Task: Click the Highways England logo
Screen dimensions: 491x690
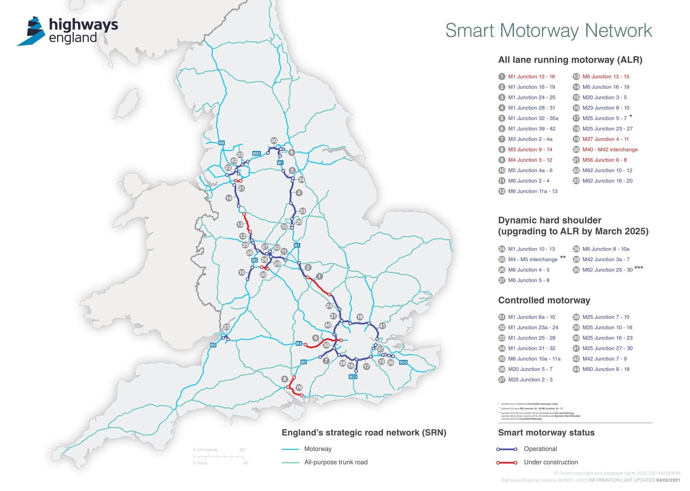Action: click(x=68, y=31)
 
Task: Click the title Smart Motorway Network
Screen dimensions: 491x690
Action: click(x=548, y=31)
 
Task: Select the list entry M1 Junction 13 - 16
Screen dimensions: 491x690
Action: click(x=531, y=77)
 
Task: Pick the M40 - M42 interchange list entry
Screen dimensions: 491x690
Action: click(x=610, y=150)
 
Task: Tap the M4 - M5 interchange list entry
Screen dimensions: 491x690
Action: click(x=533, y=260)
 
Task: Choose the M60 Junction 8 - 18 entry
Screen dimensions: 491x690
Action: click(x=606, y=369)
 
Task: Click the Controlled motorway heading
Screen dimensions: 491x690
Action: click(x=544, y=300)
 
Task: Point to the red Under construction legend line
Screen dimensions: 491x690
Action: click(x=507, y=463)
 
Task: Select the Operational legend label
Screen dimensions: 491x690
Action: click(x=540, y=449)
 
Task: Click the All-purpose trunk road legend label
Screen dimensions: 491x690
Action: click(x=336, y=462)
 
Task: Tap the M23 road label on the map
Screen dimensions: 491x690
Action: click(x=353, y=377)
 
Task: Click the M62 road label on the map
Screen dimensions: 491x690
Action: click(x=256, y=153)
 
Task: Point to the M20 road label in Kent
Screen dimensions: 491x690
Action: click(x=403, y=362)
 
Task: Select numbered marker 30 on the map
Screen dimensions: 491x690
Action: click(x=274, y=141)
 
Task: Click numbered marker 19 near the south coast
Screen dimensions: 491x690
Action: click(x=299, y=387)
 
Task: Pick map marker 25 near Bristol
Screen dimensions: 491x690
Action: click(x=226, y=327)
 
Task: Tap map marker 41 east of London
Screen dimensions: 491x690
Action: click(x=382, y=326)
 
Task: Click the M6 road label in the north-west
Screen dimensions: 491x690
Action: click(x=222, y=143)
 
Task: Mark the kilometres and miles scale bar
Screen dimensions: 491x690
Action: click(x=219, y=456)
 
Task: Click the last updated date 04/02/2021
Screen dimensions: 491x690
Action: click(x=668, y=480)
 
